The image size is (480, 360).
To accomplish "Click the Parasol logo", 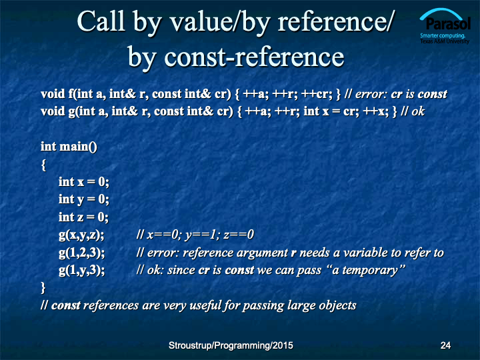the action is point(445,26).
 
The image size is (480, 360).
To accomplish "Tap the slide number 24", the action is point(445,345).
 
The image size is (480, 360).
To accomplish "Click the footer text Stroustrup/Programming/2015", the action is point(231,345).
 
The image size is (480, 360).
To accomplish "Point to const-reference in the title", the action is point(254,57).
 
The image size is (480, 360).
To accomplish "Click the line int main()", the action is point(69,147).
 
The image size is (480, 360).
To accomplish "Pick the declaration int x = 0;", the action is point(84,182).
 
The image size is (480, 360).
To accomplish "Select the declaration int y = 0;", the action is point(84,199).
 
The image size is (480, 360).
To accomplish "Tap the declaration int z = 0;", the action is point(83,217).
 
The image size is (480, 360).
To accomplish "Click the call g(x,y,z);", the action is point(81,235).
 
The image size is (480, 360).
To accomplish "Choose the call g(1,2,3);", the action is point(82,253).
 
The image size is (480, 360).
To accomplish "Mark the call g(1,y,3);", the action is point(82,271).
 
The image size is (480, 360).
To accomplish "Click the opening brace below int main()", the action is point(43,165).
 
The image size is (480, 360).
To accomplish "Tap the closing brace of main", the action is point(43,288).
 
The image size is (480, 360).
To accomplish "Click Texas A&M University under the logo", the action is point(445,41).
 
